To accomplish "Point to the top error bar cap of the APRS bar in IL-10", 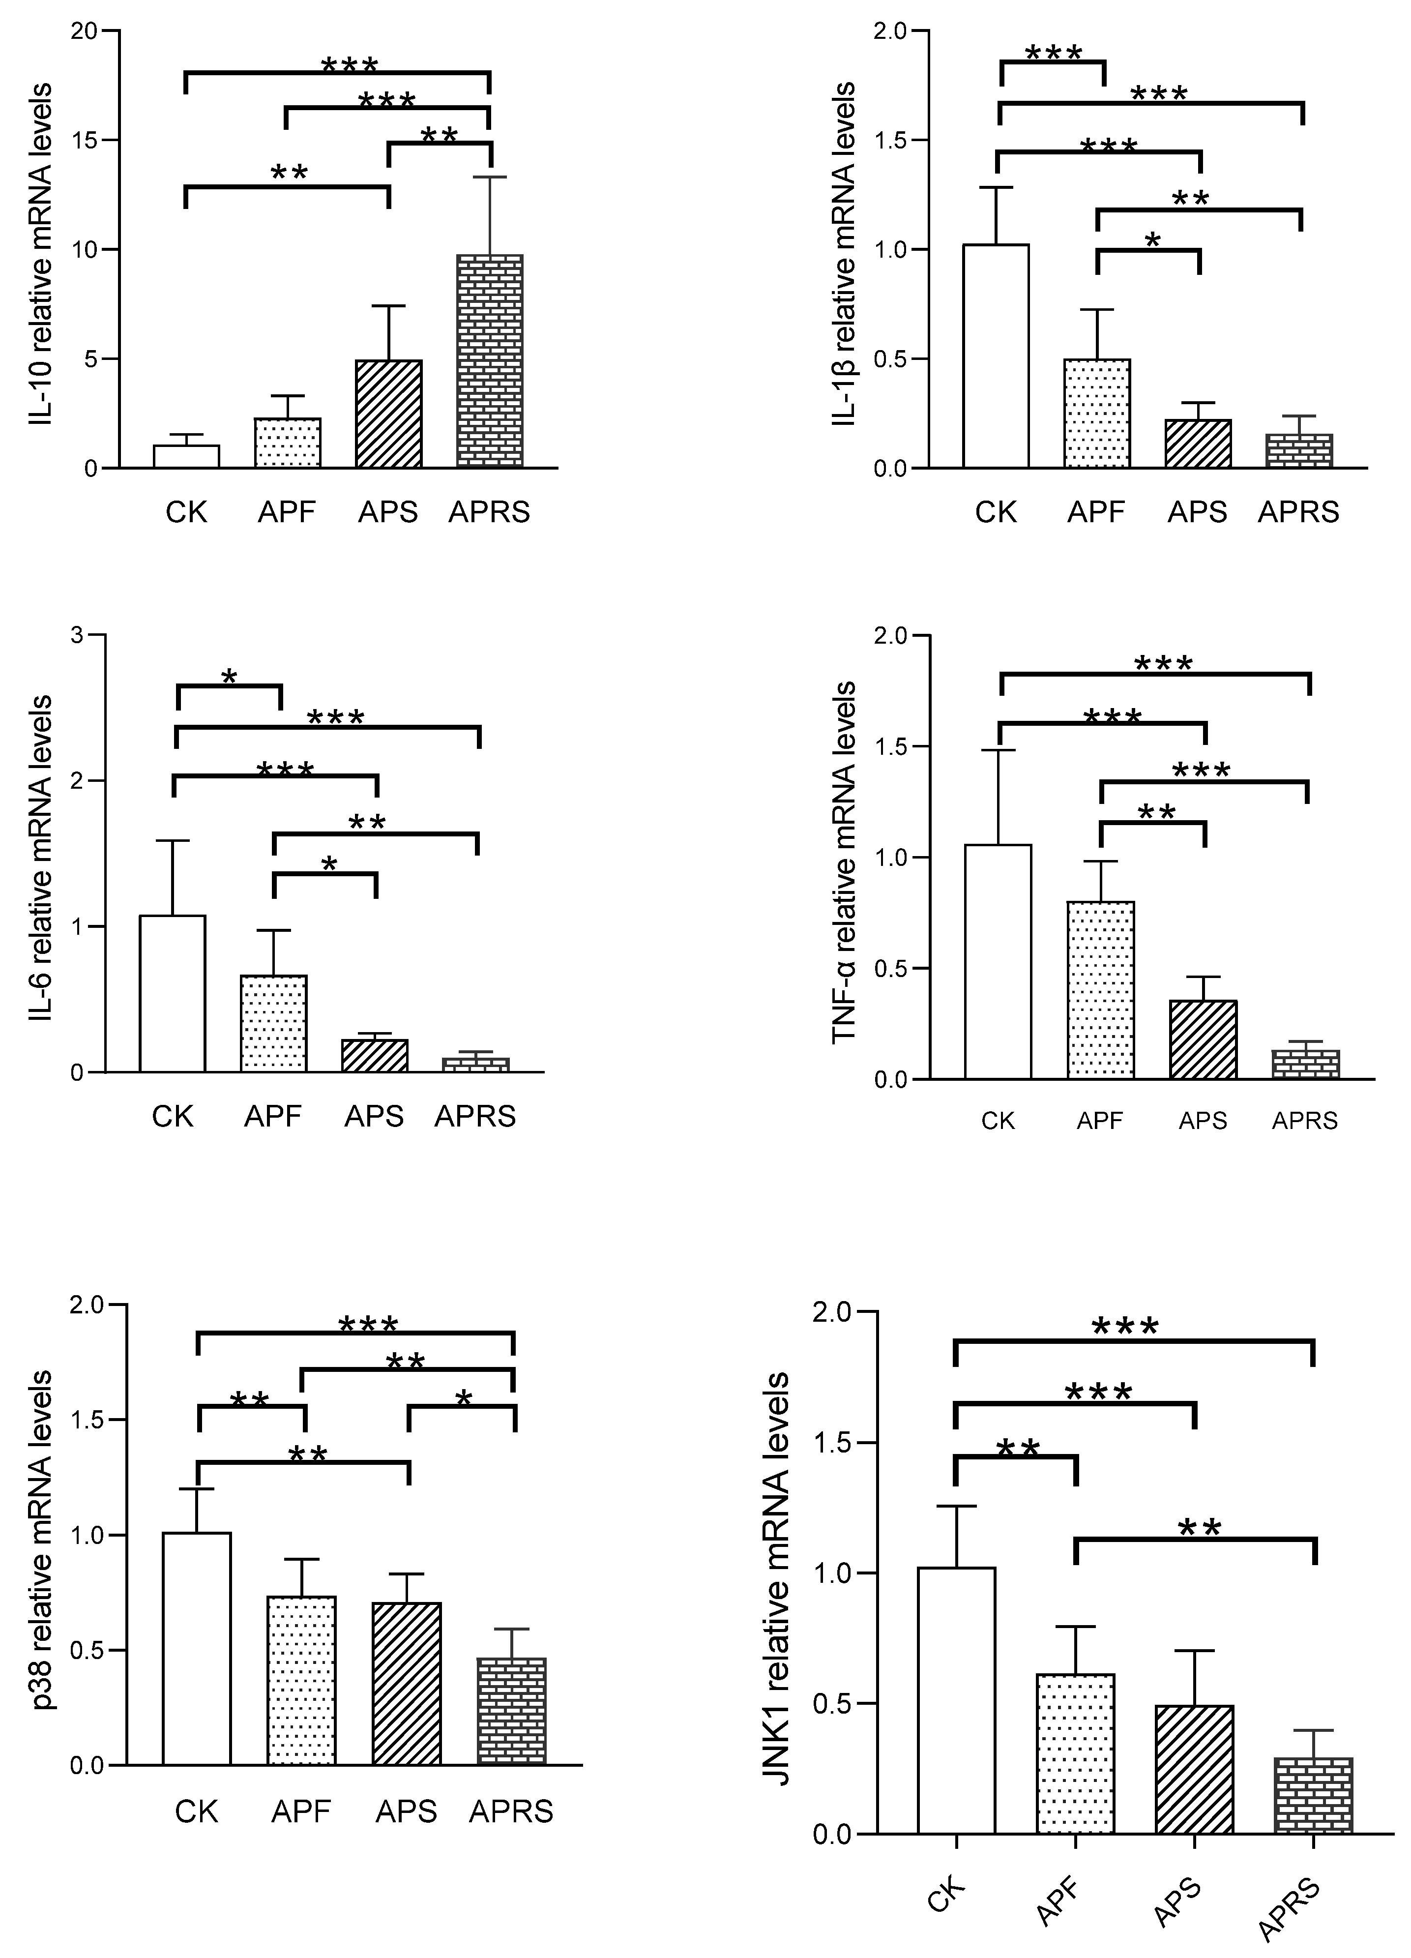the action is click(489, 177).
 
